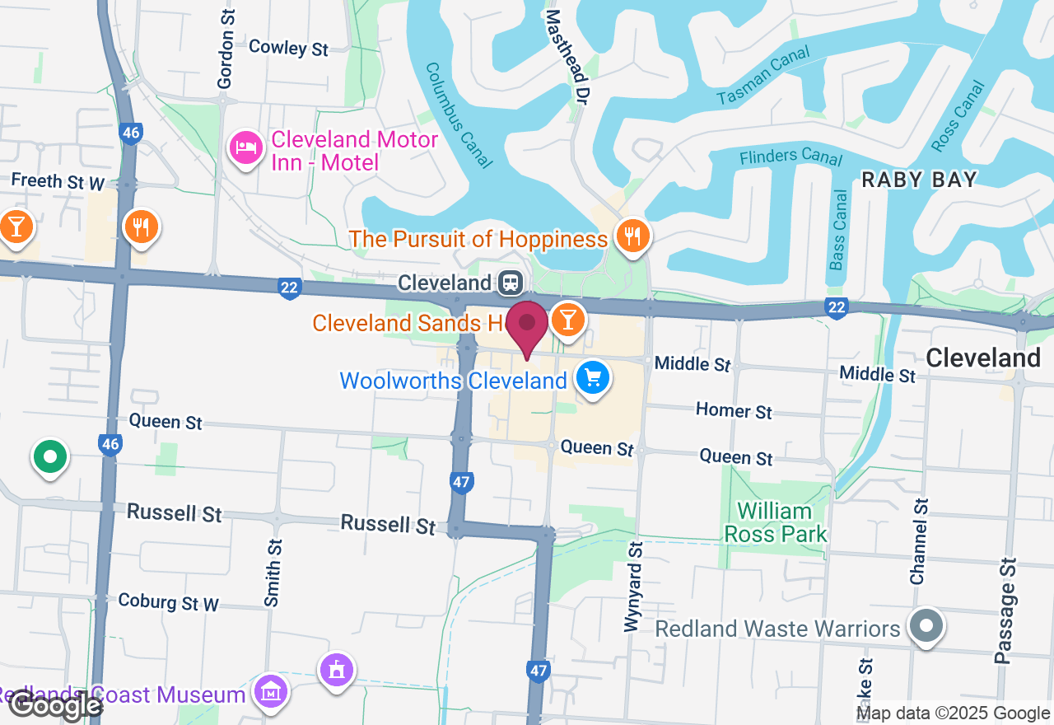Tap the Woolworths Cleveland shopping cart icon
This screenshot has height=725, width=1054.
coord(593,378)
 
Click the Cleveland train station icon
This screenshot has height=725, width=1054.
coord(511,283)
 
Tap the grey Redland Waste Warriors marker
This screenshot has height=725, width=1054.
coord(926,626)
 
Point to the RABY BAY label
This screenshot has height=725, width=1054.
coord(919,180)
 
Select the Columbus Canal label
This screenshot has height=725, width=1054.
coord(459,115)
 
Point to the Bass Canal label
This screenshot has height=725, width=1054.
coord(838,230)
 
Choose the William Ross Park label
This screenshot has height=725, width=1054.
coord(775,522)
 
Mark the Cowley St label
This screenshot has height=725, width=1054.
coord(288,48)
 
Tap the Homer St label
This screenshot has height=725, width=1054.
coord(734,410)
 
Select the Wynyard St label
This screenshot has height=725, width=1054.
coord(632,587)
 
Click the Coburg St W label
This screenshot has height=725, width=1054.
coord(168,602)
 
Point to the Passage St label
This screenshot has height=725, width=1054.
coord(1005,610)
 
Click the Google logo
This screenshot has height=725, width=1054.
coord(56,704)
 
